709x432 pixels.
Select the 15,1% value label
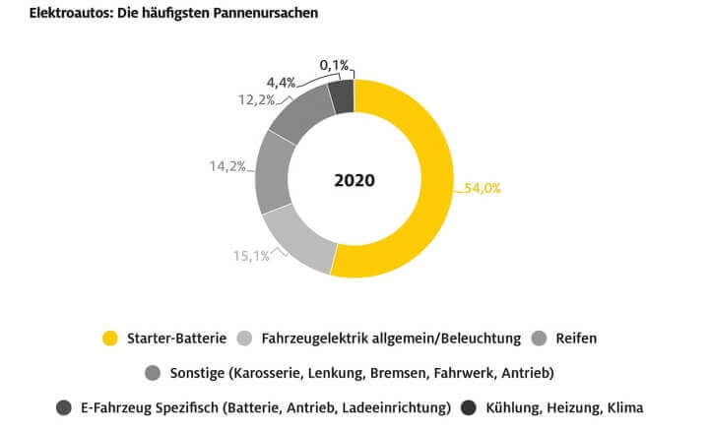[251, 256]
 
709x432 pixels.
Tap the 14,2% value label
[227, 165]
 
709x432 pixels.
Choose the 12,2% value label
[257, 99]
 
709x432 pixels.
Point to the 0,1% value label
[335, 65]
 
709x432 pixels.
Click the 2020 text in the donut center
[354, 180]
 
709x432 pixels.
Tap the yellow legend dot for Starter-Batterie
[110, 339]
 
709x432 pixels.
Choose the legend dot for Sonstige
[152, 373]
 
